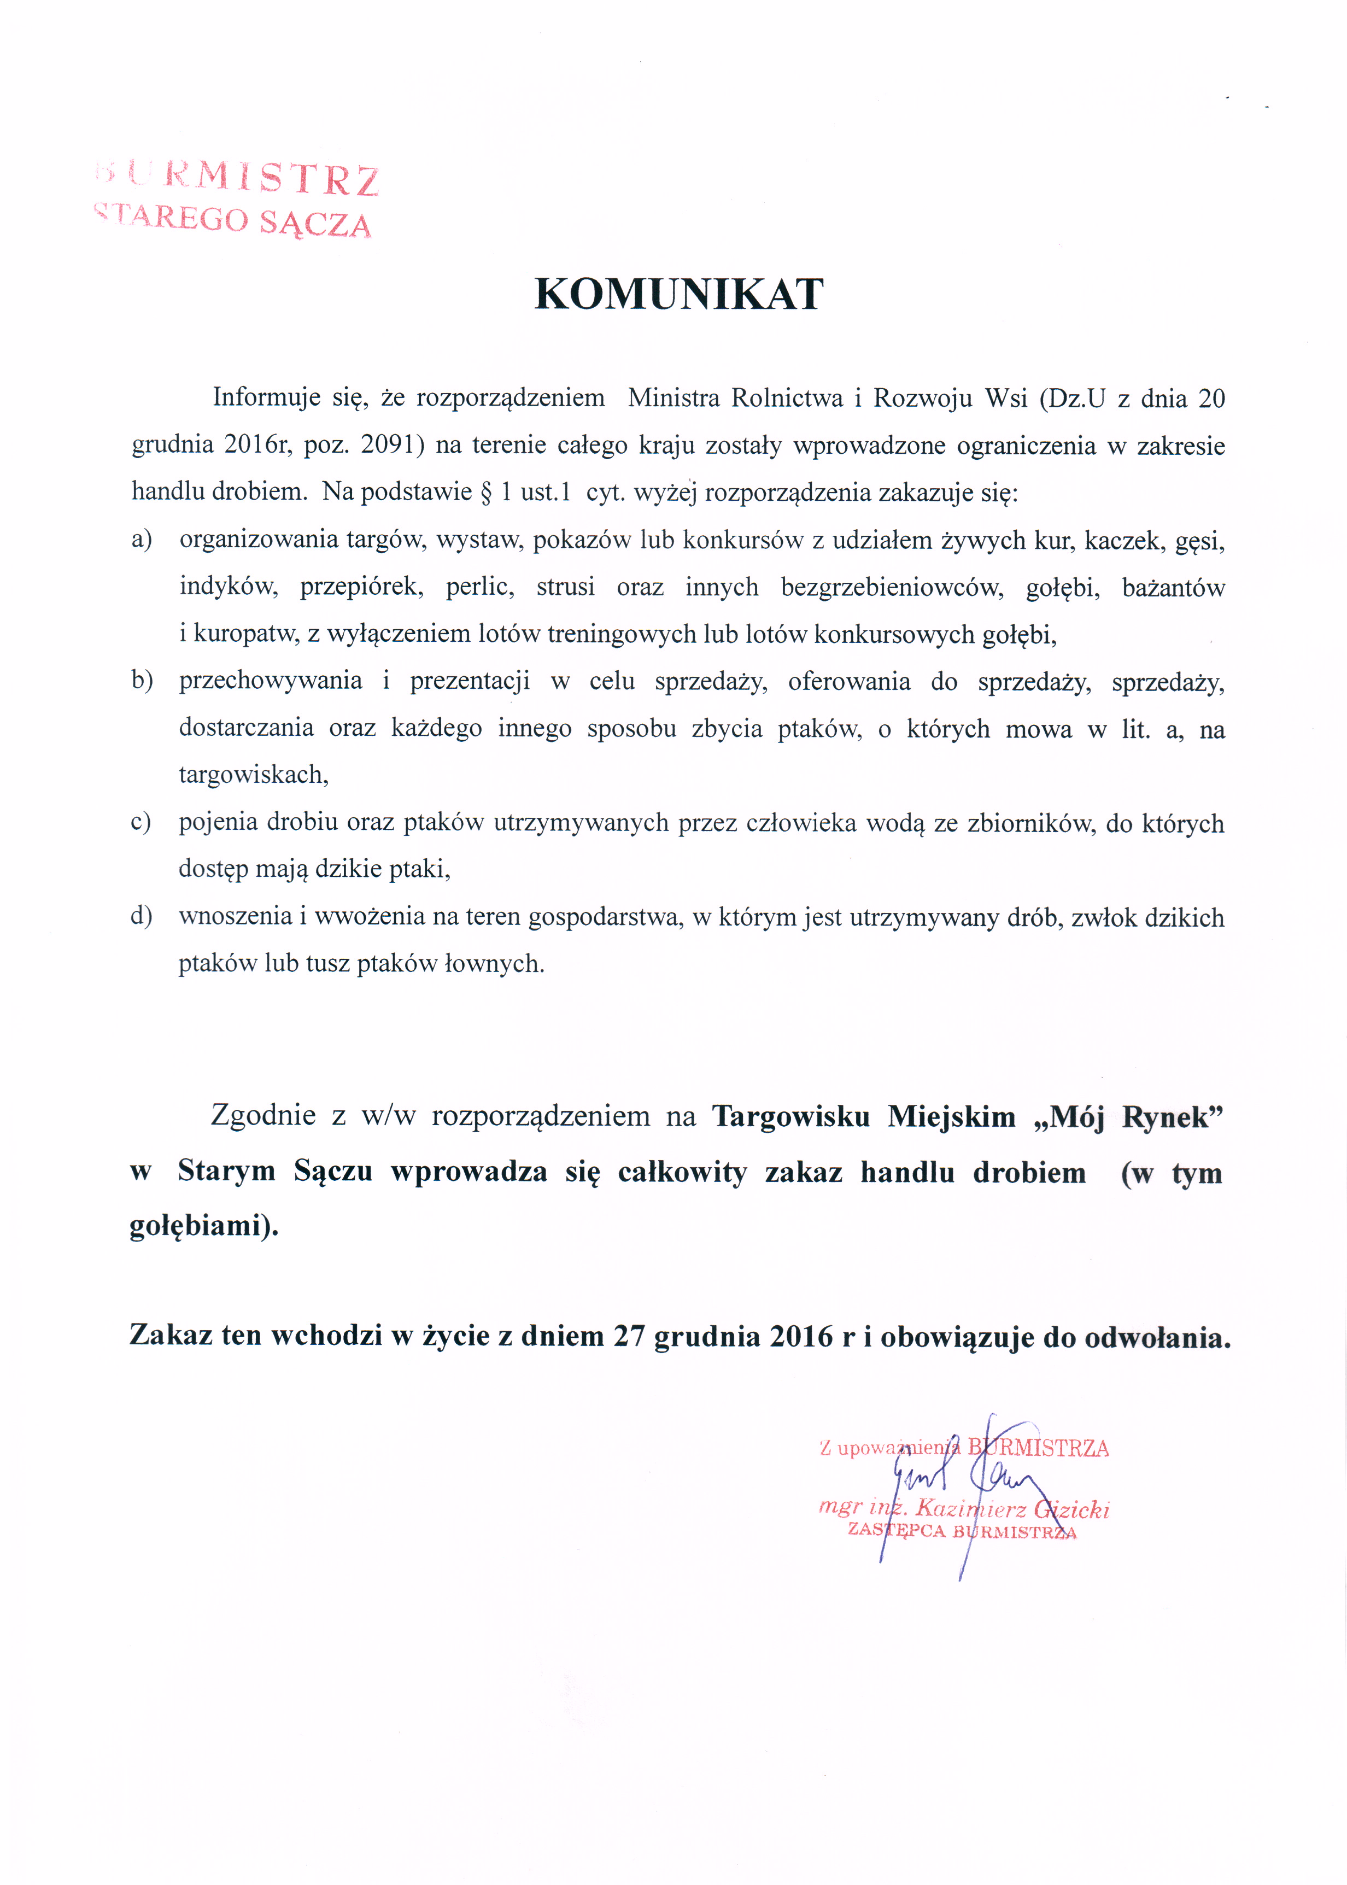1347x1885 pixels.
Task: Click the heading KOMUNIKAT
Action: point(678,295)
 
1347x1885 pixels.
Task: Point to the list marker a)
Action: point(142,540)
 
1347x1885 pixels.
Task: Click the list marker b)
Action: point(142,681)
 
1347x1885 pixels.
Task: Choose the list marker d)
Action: point(141,916)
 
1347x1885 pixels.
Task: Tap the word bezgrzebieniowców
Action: point(892,587)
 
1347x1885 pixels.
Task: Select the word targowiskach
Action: point(254,775)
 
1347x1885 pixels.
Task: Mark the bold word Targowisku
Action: point(791,1116)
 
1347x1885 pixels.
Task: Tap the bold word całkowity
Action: point(682,1171)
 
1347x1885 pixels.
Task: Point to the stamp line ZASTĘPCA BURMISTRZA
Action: point(962,1531)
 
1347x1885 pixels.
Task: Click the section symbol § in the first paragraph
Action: point(487,492)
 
